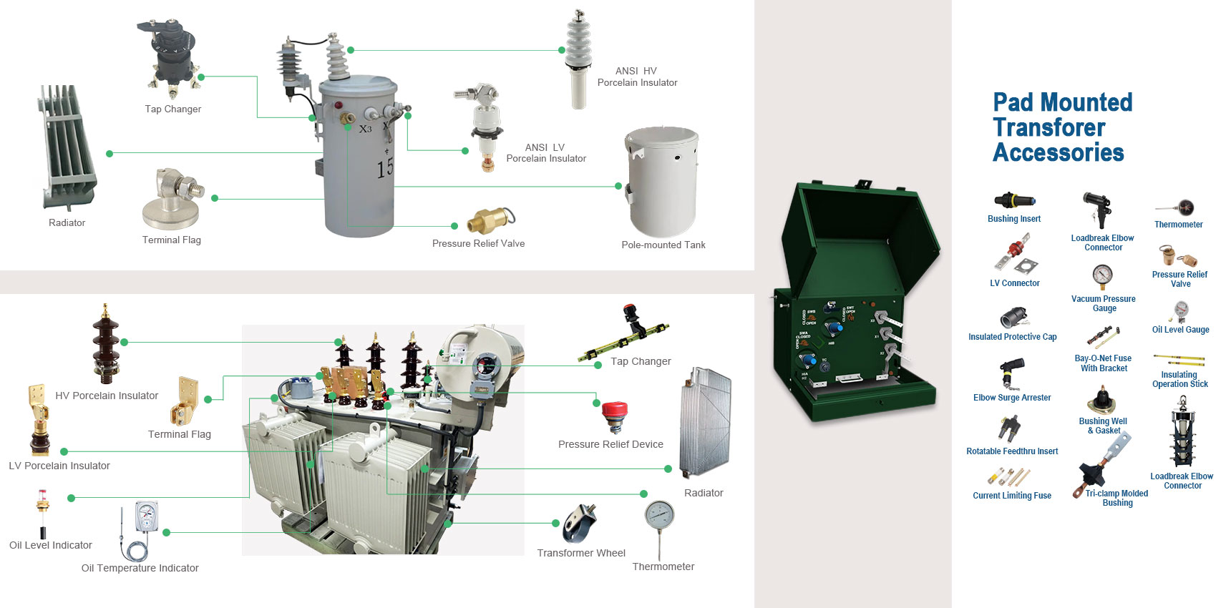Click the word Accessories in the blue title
click(x=1058, y=152)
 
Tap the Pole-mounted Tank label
click(x=663, y=245)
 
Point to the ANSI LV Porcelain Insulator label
click(x=545, y=153)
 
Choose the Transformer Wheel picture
click(x=579, y=524)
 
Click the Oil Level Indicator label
click(x=50, y=545)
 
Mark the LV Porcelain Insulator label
click(x=59, y=466)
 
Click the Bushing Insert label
click(x=1013, y=219)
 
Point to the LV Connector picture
click(x=1016, y=255)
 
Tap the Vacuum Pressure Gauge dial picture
click(x=1102, y=276)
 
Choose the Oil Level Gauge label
click(x=1180, y=330)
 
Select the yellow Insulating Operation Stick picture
click(x=1179, y=359)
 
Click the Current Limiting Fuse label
click(x=1011, y=496)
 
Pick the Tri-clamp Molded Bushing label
click(x=1116, y=498)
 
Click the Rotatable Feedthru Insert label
click(x=1011, y=451)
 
